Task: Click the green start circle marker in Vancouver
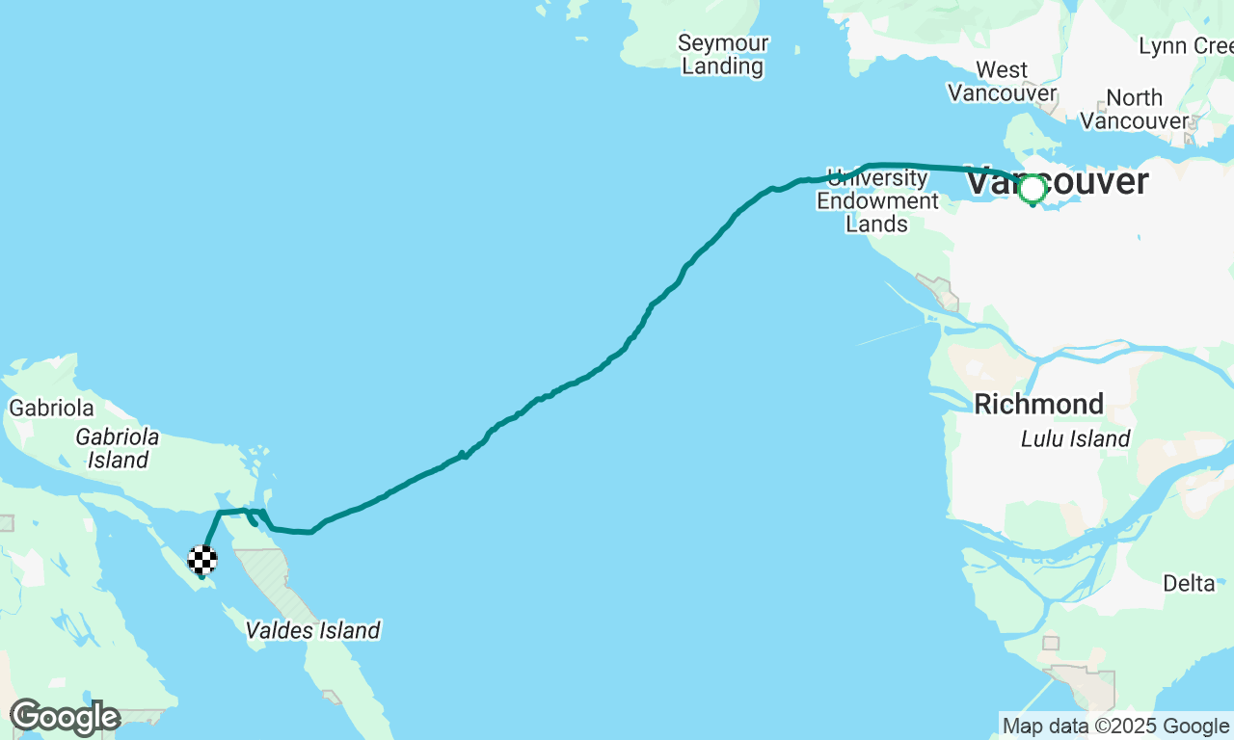pos(1033,189)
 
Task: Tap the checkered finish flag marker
pos(201,560)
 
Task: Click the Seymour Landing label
pos(722,55)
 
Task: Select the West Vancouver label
pos(1002,82)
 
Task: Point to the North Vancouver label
pos(1134,110)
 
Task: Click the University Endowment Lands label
pos(877,200)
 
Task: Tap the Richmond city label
pos(1038,404)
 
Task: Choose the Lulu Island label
pos(1075,439)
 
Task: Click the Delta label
pos(1189,583)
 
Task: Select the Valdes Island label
pos(312,631)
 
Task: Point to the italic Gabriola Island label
pos(118,448)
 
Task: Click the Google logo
pos(65,718)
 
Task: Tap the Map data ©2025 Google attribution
pos(1115,727)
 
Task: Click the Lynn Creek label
pos(1185,46)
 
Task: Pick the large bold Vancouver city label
pos(1058,181)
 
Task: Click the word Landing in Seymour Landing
pos(722,66)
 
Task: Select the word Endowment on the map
pos(877,201)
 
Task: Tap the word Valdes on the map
pos(278,631)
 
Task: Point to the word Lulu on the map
pos(1043,439)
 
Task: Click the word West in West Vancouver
pos(1002,70)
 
